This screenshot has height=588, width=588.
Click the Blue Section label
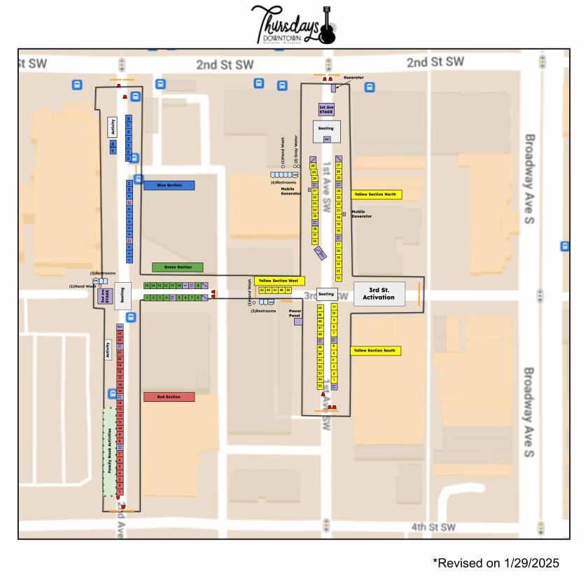tap(169, 185)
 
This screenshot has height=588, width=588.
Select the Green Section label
tap(177, 267)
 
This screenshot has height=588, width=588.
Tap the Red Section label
tap(169, 397)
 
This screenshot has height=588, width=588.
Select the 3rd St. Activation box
tap(378, 293)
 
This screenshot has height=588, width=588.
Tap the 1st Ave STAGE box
tap(326, 109)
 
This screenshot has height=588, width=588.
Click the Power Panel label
tap(295, 312)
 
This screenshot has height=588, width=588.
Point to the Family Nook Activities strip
tap(110, 451)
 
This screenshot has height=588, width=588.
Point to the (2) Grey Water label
tap(297, 150)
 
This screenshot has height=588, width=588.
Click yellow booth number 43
tap(262, 290)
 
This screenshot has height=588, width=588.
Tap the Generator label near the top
tap(353, 78)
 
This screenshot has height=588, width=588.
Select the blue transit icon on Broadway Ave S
tap(565, 246)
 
